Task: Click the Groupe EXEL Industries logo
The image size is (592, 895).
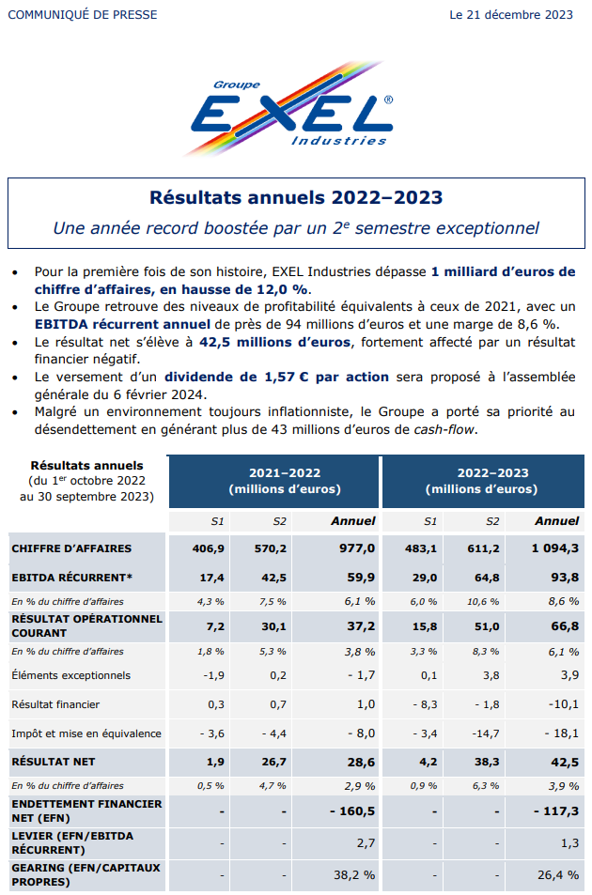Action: click(x=291, y=108)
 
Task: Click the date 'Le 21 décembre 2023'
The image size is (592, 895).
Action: click(x=511, y=15)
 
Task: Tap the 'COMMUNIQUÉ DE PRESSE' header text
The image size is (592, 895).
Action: click(x=82, y=15)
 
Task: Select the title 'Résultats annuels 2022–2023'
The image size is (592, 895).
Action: click(x=296, y=197)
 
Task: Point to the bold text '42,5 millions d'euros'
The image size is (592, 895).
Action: click(x=274, y=342)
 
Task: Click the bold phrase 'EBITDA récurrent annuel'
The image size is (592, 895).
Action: click(x=122, y=324)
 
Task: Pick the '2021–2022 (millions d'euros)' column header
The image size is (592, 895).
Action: click(x=285, y=481)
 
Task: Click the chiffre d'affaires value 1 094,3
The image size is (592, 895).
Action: click(x=555, y=548)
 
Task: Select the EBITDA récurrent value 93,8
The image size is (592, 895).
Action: click(x=565, y=578)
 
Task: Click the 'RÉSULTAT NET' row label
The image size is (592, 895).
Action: click(x=53, y=762)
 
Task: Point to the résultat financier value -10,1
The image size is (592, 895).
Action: click(x=564, y=704)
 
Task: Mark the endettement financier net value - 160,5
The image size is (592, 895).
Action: click(x=352, y=811)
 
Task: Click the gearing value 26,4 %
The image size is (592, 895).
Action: click(x=558, y=875)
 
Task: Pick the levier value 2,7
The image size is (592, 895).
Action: click(x=366, y=843)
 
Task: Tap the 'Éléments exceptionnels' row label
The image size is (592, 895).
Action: click(x=70, y=675)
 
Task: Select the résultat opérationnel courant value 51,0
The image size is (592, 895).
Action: click(x=487, y=626)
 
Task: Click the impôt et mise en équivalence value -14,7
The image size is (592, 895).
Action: click(x=486, y=733)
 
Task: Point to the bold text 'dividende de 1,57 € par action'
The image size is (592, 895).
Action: click(x=277, y=377)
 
